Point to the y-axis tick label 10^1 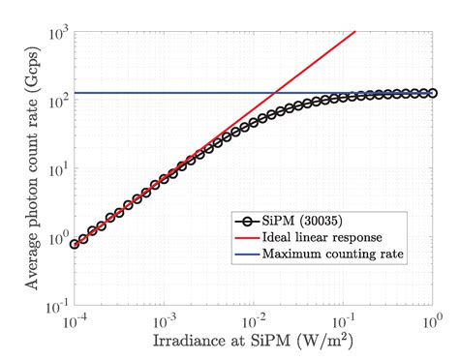click(x=55, y=171)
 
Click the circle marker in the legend click(x=247, y=221)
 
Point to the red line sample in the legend click(x=247, y=238)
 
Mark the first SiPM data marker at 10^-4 click(x=75, y=244)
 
